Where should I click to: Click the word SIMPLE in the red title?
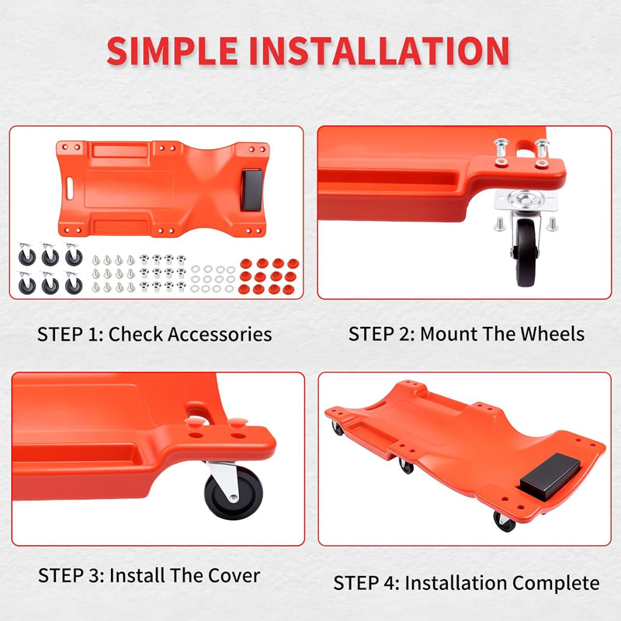coord(172,50)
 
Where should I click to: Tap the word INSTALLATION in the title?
coord(380,50)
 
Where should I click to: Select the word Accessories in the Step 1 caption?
coord(220,334)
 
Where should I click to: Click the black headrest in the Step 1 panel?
coord(252,189)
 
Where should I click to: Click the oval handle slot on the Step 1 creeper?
coord(70,189)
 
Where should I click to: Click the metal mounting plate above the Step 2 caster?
coord(526,200)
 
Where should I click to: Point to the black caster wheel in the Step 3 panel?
coord(234,493)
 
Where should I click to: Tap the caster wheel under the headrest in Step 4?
coord(504,522)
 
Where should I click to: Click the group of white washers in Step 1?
coord(213,279)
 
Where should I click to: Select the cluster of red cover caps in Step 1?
coord(269,276)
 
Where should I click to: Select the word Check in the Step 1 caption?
coord(136,334)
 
